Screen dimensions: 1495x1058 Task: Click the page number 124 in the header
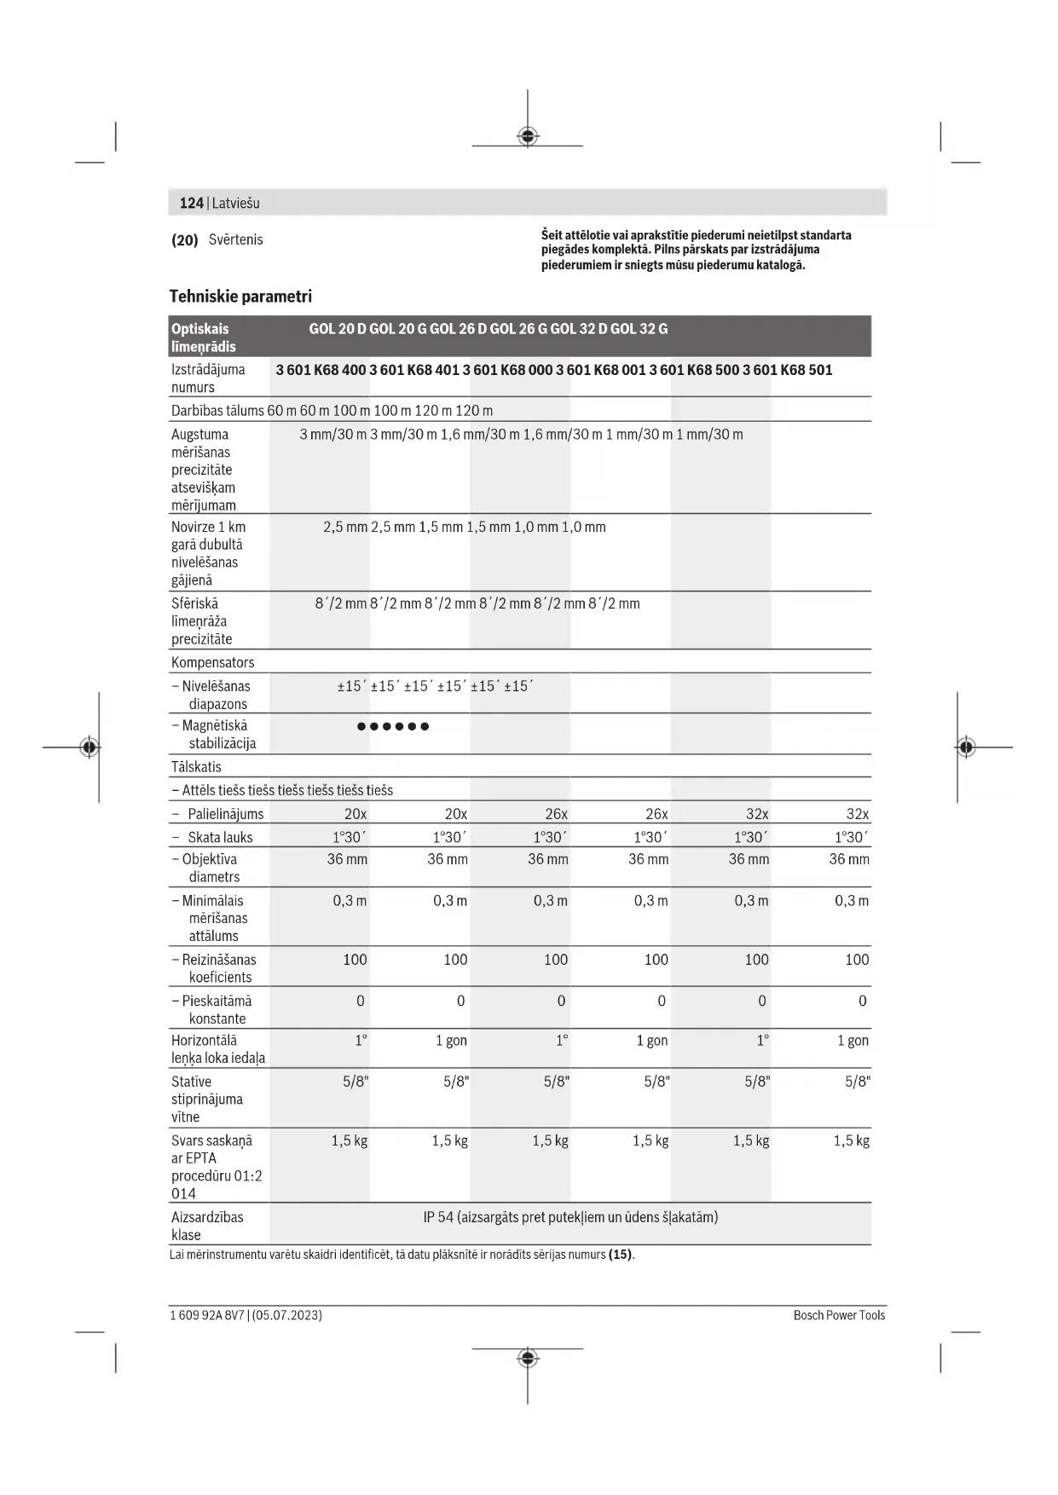(191, 203)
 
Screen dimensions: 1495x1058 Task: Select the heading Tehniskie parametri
(240, 297)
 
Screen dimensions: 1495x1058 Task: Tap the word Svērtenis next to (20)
(235, 240)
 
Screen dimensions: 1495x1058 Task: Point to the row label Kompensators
(212, 662)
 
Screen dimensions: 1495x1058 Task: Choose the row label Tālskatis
(196, 766)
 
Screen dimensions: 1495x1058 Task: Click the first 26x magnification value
(556, 814)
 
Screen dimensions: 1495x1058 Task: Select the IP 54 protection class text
(570, 1217)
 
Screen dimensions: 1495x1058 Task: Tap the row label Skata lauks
(220, 837)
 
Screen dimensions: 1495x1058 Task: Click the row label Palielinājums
(226, 814)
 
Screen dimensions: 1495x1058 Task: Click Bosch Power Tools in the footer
(839, 1315)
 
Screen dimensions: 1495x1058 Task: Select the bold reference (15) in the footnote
(620, 1255)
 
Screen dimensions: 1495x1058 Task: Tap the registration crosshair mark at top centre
(528, 136)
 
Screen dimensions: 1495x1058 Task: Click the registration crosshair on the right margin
(965, 747)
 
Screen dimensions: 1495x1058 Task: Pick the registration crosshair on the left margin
(90, 747)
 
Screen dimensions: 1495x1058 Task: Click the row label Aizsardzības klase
(207, 1226)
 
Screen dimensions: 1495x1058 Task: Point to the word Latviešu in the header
(235, 203)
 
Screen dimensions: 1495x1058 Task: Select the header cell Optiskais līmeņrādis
(203, 338)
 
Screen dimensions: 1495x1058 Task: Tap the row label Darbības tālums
(217, 411)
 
